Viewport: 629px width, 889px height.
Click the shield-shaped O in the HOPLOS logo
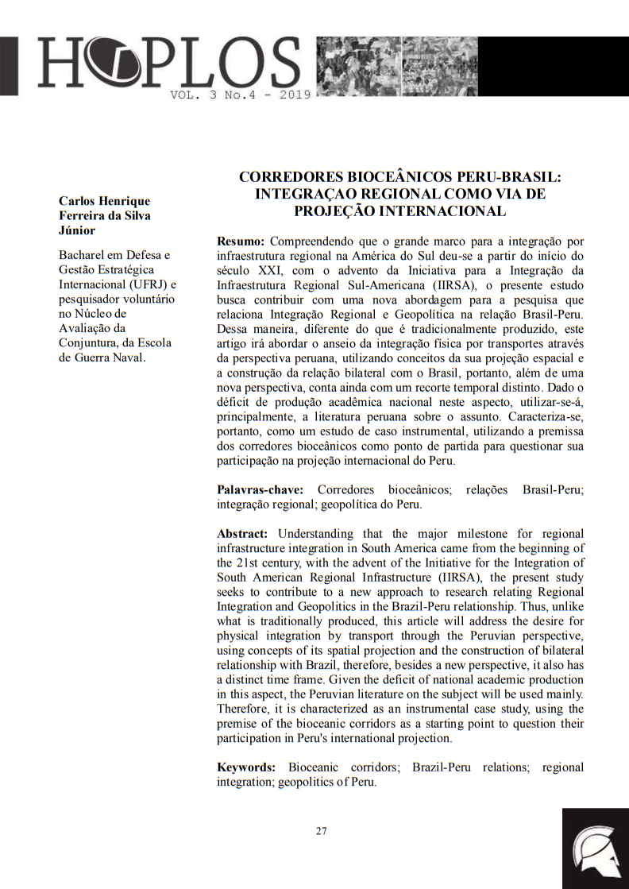[x=103, y=64]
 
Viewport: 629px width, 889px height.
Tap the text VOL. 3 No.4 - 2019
[x=240, y=95]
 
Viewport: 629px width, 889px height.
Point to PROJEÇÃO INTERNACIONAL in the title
[x=400, y=211]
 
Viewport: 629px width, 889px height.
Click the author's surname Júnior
[x=78, y=230]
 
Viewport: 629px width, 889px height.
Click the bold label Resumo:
[x=241, y=240]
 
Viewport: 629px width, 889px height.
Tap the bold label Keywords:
[x=246, y=767]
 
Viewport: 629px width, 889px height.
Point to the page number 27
[x=321, y=831]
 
